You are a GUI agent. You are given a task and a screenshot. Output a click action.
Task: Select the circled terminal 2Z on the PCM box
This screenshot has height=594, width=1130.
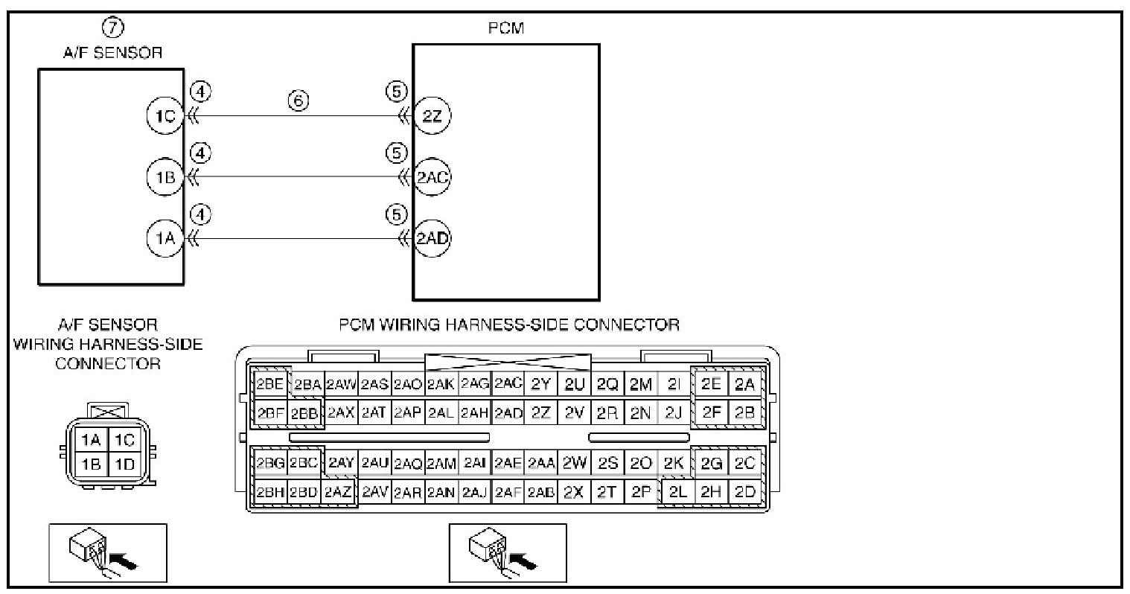[432, 116]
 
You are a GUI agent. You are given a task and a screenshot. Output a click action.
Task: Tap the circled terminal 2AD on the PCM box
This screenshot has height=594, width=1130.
[432, 239]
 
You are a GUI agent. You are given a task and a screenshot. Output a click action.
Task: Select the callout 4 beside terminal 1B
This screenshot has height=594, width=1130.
[201, 153]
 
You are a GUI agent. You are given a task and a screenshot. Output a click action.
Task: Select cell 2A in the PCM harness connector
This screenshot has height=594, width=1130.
[744, 384]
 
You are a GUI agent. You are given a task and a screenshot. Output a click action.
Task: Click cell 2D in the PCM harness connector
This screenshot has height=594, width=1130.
[744, 492]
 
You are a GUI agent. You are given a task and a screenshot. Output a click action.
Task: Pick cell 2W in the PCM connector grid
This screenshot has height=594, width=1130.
[574, 463]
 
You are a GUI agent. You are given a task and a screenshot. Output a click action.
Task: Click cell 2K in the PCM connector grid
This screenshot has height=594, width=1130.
[674, 463]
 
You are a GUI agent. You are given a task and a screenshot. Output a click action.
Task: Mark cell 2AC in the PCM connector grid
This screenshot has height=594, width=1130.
[508, 384]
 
